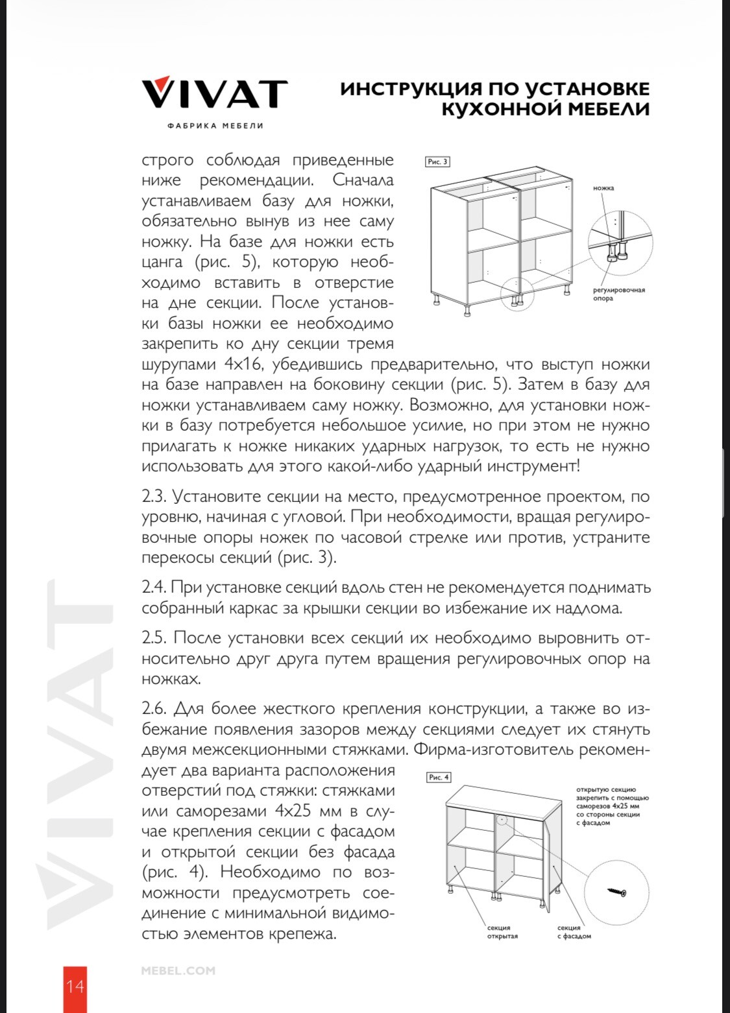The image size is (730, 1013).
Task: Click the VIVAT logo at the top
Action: pyautogui.click(x=214, y=94)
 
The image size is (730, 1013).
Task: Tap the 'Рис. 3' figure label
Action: pyautogui.click(x=437, y=161)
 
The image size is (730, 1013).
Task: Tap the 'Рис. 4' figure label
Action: pyautogui.click(x=439, y=777)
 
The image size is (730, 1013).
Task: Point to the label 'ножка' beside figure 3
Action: pyautogui.click(x=603, y=188)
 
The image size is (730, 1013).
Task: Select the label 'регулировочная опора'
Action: pyautogui.click(x=618, y=294)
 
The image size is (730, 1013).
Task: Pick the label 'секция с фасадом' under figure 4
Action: pyautogui.click(x=574, y=932)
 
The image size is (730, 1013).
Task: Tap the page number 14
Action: pyautogui.click(x=75, y=986)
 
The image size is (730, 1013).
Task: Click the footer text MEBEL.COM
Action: pyautogui.click(x=178, y=971)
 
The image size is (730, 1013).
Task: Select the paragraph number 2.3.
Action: pyautogui.click(x=154, y=497)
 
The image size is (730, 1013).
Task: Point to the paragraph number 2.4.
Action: pyautogui.click(x=154, y=588)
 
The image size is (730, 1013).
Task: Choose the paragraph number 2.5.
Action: pyautogui.click(x=154, y=638)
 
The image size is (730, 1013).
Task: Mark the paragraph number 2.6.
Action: pyautogui.click(x=154, y=709)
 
